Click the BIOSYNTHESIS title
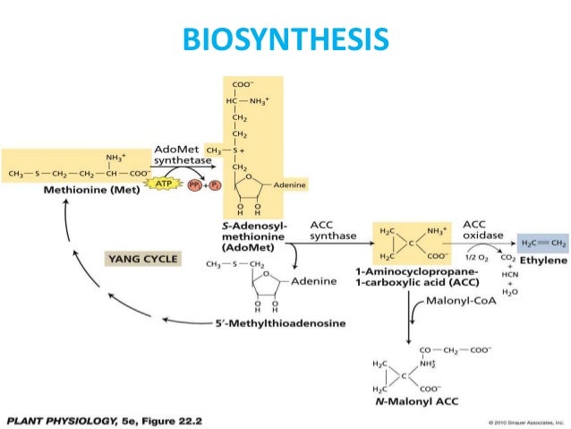(285, 39)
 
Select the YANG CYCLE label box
(144, 259)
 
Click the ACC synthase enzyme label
(332, 229)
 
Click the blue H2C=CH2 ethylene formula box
(543, 243)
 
